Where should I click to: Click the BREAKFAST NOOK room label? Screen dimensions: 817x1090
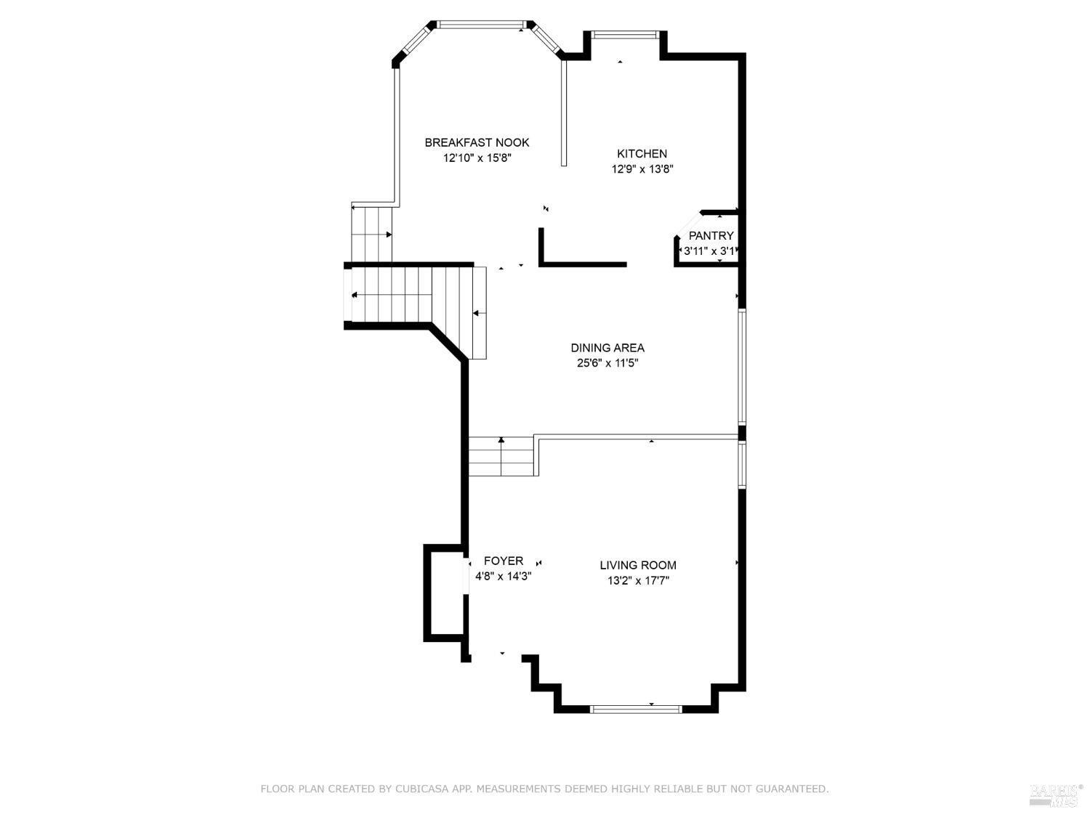click(x=477, y=142)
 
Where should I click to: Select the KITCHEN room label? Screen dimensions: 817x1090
click(x=642, y=153)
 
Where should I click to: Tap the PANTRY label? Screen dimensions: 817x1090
click(x=711, y=235)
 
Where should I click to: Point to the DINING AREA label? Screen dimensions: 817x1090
click(x=607, y=348)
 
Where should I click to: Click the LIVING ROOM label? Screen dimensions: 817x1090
click(x=637, y=565)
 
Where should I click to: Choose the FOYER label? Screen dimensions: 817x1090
click(x=503, y=561)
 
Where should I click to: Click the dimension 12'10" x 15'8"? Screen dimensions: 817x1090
click(x=477, y=158)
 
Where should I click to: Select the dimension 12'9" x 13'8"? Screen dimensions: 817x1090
click(x=642, y=169)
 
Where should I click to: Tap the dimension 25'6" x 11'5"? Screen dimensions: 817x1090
click(x=607, y=363)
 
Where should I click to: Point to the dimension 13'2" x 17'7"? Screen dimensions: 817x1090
click(x=637, y=580)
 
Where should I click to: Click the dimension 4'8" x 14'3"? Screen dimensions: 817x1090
click(x=503, y=576)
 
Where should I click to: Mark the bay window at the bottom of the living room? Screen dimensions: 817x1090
click(x=636, y=709)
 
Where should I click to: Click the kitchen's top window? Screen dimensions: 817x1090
click(x=625, y=34)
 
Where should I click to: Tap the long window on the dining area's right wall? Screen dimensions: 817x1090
click(x=742, y=367)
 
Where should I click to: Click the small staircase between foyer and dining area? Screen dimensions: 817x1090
click(x=501, y=457)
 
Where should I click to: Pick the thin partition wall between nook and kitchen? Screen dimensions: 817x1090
click(x=563, y=113)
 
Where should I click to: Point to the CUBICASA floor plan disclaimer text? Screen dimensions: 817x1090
click(x=544, y=789)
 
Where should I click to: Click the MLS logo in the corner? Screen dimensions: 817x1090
click(x=1055, y=795)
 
